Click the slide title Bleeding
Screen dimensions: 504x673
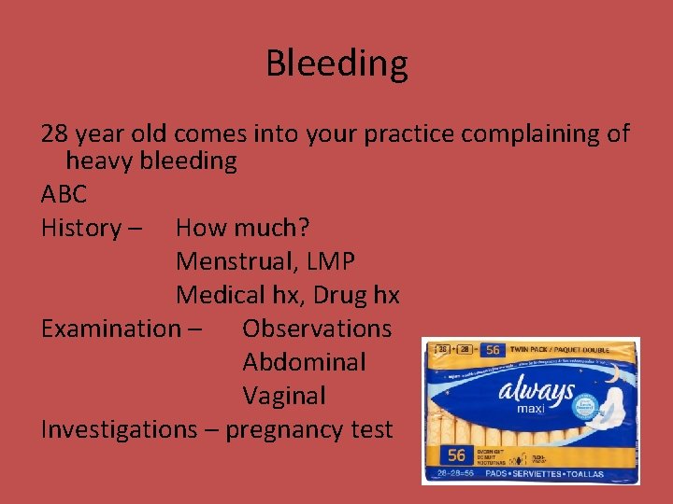[336, 63]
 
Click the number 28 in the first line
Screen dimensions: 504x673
[56, 133]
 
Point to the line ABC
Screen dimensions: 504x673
[64, 194]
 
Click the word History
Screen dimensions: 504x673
[81, 228]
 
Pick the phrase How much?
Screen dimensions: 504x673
[243, 228]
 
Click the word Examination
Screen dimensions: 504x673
[110, 329]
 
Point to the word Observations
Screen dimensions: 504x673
[317, 329]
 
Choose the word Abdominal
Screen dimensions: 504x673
[304, 362]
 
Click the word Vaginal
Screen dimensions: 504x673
[284, 396]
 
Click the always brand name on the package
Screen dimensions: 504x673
[536, 391]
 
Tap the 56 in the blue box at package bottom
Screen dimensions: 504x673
[455, 456]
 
